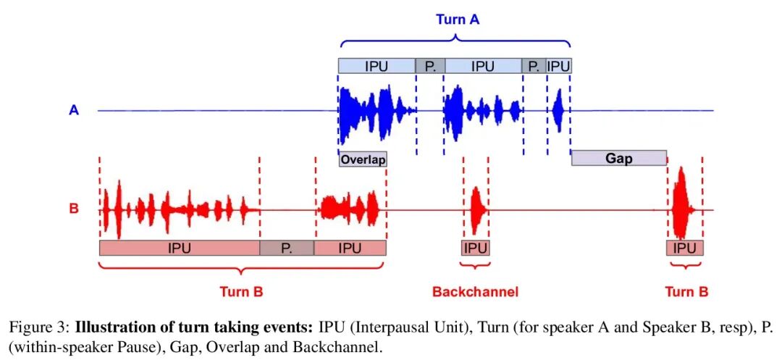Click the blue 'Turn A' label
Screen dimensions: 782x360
click(458, 20)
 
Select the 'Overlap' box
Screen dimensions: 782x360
click(363, 159)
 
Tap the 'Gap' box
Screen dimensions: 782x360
click(618, 158)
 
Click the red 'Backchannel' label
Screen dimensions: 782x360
click(475, 292)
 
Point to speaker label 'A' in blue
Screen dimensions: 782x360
click(74, 111)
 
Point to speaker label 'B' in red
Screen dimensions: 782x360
click(74, 209)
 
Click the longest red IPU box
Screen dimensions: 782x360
click(179, 248)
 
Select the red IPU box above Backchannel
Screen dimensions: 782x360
click(475, 248)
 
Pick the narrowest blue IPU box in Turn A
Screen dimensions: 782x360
click(558, 67)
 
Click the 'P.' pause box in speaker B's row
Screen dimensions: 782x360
click(287, 248)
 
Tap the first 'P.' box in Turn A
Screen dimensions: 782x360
click(430, 67)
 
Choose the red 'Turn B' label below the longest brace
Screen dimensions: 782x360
click(241, 292)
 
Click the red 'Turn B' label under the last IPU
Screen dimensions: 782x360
click(686, 292)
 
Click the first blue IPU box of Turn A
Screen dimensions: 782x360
click(377, 67)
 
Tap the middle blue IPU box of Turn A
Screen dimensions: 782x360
click(483, 67)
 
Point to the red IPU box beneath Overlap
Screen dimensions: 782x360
click(350, 248)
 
